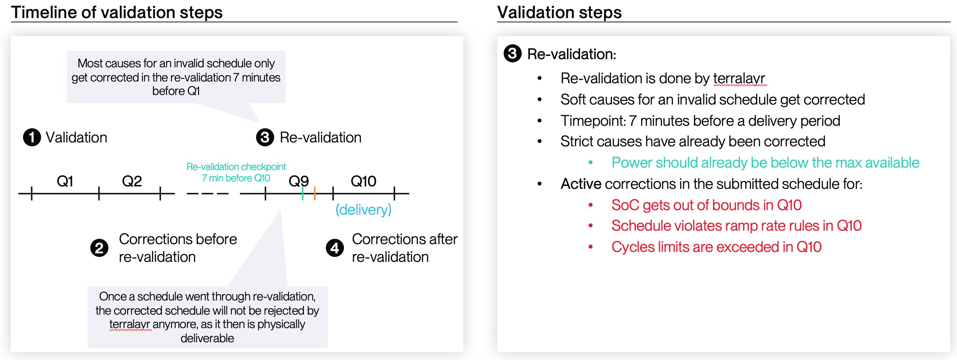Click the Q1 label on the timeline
(65, 181)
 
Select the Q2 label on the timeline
(132, 181)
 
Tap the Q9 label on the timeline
(299, 181)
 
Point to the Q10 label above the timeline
(363, 181)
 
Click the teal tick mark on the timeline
(303, 193)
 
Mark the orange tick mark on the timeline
(315, 193)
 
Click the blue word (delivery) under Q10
(363, 210)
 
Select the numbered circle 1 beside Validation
(32, 137)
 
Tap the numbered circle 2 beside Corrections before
(99, 248)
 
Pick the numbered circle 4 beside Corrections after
(335, 248)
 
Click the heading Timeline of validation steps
(117, 12)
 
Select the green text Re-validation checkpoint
(236, 167)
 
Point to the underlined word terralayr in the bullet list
(739, 78)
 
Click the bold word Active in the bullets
(581, 184)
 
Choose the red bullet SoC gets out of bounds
(706, 205)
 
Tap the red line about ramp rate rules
(736, 226)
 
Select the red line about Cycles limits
(716, 247)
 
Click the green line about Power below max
(765, 163)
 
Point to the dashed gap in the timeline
(208, 193)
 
